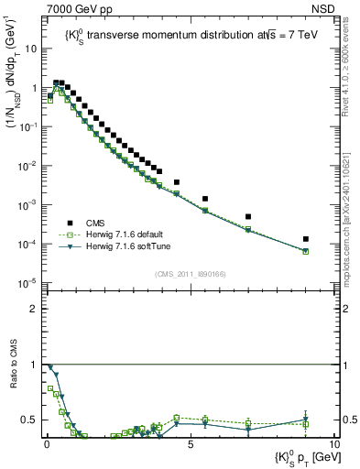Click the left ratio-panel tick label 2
pyautogui.click(x=34, y=309)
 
